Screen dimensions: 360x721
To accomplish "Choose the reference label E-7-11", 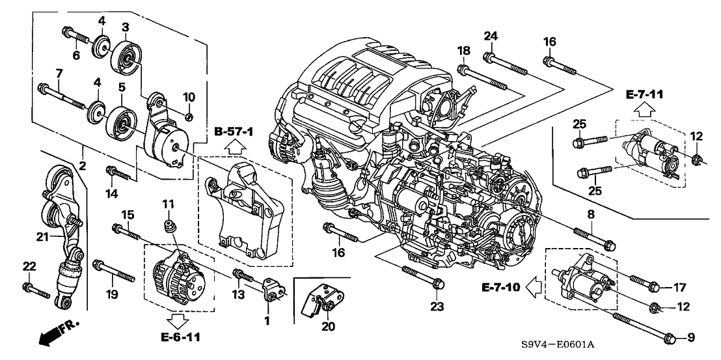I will click(x=644, y=94).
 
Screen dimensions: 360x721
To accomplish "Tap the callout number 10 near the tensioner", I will click(x=189, y=97).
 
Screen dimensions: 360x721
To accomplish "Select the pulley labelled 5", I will click(x=120, y=121).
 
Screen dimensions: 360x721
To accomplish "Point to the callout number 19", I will click(x=113, y=294).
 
